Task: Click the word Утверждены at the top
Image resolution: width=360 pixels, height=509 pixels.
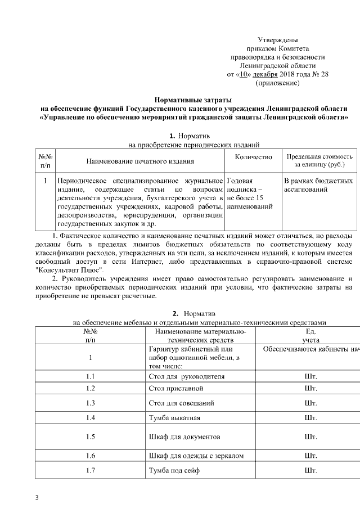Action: click(x=278, y=40)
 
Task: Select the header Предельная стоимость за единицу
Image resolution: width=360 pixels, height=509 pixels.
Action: click(x=319, y=161)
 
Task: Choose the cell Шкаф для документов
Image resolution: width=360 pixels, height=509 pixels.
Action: click(x=183, y=436)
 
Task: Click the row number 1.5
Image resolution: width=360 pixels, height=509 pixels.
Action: click(x=90, y=436)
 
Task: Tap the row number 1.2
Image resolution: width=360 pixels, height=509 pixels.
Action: click(x=90, y=389)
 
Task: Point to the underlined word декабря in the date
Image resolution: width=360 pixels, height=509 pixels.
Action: click(x=264, y=74)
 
